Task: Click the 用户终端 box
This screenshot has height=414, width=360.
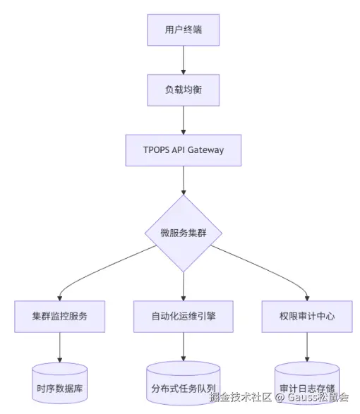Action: coord(184,30)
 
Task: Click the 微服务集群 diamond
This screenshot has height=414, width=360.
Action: coord(184,233)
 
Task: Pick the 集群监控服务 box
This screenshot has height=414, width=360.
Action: coord(59,315)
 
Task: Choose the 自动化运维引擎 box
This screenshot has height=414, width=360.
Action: coord(184,315)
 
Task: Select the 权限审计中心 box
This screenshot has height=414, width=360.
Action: coord(307,315)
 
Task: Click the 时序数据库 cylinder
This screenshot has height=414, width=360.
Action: coord(59,386)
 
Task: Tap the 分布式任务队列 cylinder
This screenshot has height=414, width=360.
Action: coord(184,386)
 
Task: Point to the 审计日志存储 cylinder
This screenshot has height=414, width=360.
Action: coord(307,386)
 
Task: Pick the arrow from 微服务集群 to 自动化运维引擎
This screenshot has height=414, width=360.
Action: coord(184,286)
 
